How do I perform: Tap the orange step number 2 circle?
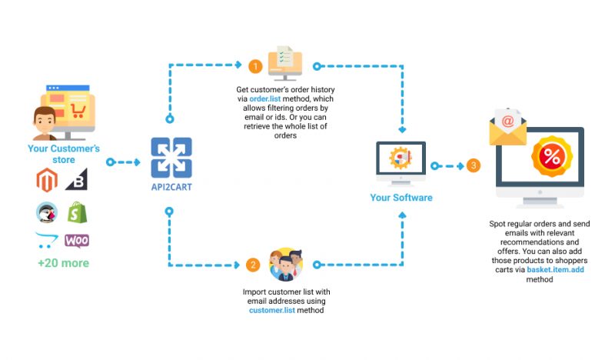coord(253,265)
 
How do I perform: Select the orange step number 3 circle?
coord(474,165)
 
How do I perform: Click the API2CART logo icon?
coord(171,158)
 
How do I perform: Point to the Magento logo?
coord(47,180)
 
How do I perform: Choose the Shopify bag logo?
coord(78,212)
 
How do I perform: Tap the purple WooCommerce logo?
coord(77,241)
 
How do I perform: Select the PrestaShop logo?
coord(47,212)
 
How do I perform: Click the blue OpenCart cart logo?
coord(46,240)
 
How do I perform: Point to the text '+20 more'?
coord(63,263)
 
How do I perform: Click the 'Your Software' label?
coord(401,198)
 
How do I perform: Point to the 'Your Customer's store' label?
coord(64,154)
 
